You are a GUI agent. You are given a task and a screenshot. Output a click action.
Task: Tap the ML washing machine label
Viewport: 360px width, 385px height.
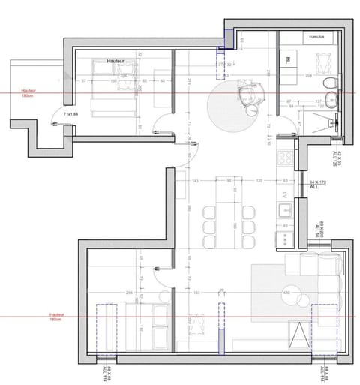[289, 58]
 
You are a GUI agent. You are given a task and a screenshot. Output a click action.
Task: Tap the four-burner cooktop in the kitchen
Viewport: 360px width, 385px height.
[286, 159]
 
